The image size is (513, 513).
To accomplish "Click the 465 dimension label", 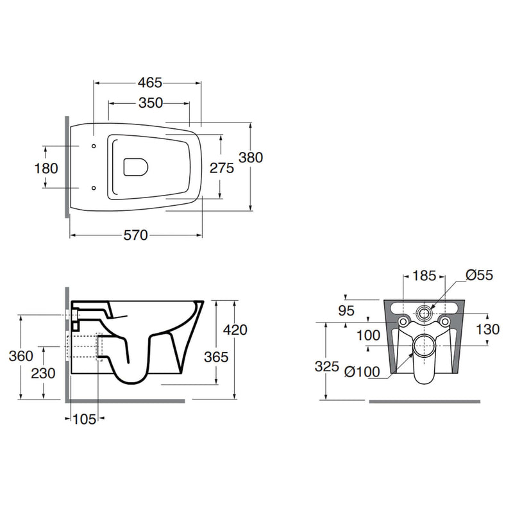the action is [150, 83].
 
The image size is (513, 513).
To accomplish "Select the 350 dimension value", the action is [151, 103].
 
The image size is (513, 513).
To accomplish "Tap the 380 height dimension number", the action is [251, 158].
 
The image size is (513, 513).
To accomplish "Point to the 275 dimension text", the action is [222, 168].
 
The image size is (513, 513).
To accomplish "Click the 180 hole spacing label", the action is [46, 169].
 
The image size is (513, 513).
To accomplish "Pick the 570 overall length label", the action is [136, 235].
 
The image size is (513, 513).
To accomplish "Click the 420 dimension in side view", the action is [235, 330].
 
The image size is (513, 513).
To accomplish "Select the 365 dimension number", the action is [216, 357].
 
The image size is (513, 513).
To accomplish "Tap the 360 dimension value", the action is [21, 356].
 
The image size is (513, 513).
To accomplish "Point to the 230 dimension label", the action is [43, 373].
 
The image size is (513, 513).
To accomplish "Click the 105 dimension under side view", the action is [85, 419].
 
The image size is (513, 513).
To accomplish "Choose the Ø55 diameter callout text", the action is [479, 275].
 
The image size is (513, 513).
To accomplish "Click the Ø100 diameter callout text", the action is [362, 372].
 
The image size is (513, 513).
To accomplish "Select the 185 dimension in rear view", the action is [424, 276].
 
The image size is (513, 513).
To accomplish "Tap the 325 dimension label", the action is [327, 366].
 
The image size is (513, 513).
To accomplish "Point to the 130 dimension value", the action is [487, 330].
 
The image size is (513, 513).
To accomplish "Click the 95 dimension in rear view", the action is [346, 310].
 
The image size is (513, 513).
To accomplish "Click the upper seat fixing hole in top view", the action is [94, 146].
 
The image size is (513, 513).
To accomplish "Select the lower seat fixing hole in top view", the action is [94, 188].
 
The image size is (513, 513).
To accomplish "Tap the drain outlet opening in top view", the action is [136, 167].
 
